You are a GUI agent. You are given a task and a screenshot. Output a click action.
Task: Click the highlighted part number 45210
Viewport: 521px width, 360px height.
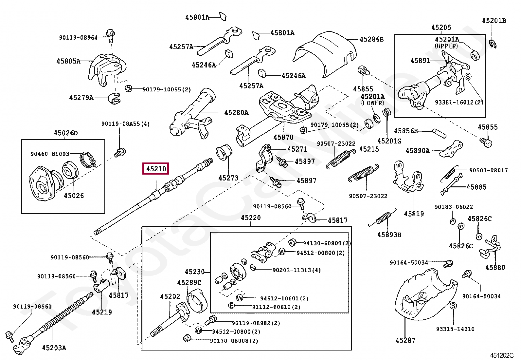[156, 169]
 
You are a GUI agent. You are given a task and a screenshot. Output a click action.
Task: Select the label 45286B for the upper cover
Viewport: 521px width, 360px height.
[372, 39]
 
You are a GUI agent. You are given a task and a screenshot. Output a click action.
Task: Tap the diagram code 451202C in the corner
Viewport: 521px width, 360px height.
[501, 355]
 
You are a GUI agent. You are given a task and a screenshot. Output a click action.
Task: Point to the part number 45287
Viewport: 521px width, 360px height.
[405, 340]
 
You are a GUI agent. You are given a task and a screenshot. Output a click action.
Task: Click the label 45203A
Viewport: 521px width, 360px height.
[54, 348]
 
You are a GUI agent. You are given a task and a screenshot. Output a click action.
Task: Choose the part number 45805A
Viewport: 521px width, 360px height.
[68, 61]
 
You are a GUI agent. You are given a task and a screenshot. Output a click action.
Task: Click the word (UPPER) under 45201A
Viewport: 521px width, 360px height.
[446, 46]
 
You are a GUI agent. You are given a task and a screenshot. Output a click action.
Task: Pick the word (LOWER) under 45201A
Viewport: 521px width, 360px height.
[372, 103]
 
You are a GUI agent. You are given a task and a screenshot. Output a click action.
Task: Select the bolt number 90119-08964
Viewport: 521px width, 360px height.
[78, 37]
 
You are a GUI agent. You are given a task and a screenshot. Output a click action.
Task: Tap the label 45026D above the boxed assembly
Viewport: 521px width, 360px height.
[66, 133]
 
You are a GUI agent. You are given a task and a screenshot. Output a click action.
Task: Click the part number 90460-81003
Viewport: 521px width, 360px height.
[50, 154]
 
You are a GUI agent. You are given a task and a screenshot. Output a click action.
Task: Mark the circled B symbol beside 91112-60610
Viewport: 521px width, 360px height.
[231, 305]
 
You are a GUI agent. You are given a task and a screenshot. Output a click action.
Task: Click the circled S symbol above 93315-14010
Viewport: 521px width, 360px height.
[453, 306]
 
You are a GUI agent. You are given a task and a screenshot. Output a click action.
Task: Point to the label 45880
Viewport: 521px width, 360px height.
[495, 267]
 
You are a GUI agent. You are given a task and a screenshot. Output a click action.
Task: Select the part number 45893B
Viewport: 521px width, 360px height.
[389, 235]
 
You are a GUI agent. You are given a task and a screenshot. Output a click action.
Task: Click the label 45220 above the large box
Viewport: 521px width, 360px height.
[251, 218]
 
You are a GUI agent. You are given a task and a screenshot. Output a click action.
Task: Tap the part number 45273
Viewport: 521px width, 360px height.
[228, 178]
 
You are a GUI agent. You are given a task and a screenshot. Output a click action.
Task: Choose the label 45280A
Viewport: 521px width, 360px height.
[236, 113]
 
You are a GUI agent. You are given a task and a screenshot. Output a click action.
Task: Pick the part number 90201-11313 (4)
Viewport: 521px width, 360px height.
[296, 270]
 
